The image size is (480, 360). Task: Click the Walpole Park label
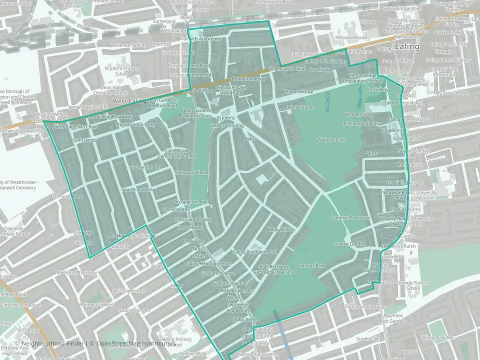(x=331, y=140)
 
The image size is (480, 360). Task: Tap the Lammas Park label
(x=311, y=265)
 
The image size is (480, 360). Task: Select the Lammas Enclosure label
(x=350, y=218)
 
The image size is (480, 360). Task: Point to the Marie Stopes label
(x=300, y=107)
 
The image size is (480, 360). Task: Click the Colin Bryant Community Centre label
(x=177, y=153)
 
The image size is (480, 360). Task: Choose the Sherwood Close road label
(x=191, y=172)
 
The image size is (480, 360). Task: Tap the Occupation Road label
(x=190, y=202)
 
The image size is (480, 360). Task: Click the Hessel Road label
(x=189, y=227)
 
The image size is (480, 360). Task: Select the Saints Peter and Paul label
(x=254, y=251)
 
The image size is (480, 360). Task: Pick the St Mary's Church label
(x=398, y=246)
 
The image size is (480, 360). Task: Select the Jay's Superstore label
(x=128, y=290)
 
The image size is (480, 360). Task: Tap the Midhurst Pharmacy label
(x=77, y=272)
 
